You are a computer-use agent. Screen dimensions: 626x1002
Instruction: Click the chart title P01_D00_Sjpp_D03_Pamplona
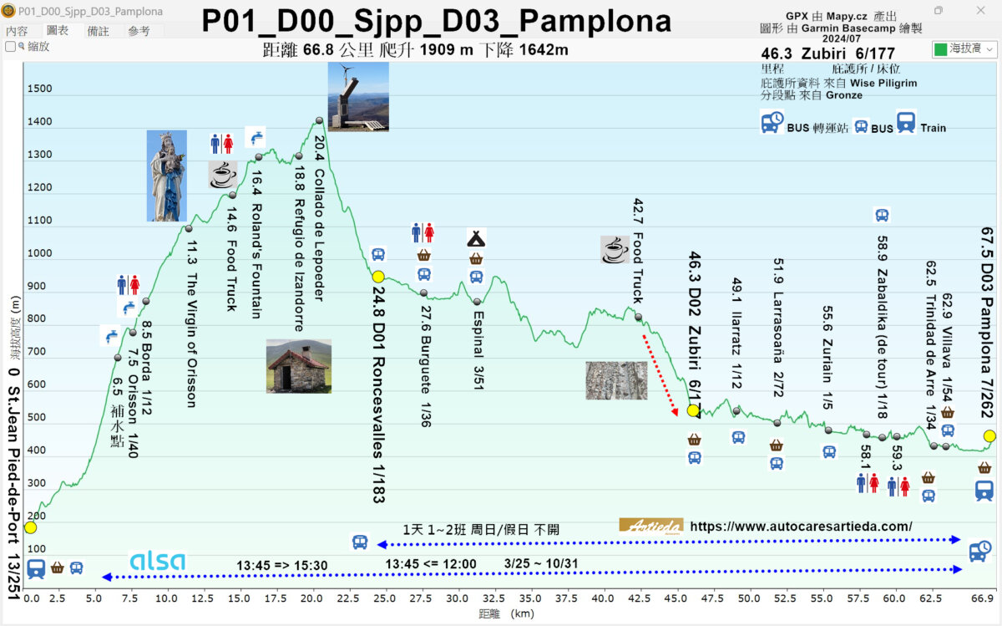point(436,22)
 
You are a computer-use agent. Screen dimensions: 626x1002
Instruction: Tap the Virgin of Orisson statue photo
point(166,176)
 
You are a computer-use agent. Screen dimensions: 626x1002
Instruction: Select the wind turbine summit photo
point(357,97)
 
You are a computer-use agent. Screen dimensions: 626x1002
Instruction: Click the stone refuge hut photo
point(298,365)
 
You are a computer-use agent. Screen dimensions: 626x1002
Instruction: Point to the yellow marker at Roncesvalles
point(378,277)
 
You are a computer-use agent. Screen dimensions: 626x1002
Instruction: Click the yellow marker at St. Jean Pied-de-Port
point(30,527)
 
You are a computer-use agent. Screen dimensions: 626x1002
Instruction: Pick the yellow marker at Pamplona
point(989,435)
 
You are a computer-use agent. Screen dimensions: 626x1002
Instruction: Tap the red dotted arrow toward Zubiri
point(660,375)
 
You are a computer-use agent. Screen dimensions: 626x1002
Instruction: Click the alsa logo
point(157,562)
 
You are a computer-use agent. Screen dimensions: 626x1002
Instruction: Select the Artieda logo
point(650,526)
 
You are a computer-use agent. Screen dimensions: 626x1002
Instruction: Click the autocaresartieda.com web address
point(802,527)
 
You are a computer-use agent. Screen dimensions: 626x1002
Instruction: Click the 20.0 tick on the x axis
point(312,599)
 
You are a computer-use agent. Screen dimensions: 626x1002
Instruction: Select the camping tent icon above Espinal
point(476,238)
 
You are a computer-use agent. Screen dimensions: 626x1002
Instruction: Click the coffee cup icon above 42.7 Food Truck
point(615,248)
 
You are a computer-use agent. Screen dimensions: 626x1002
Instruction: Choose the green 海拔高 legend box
point(941,49)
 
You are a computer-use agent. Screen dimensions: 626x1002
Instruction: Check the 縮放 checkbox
point(11,47)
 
